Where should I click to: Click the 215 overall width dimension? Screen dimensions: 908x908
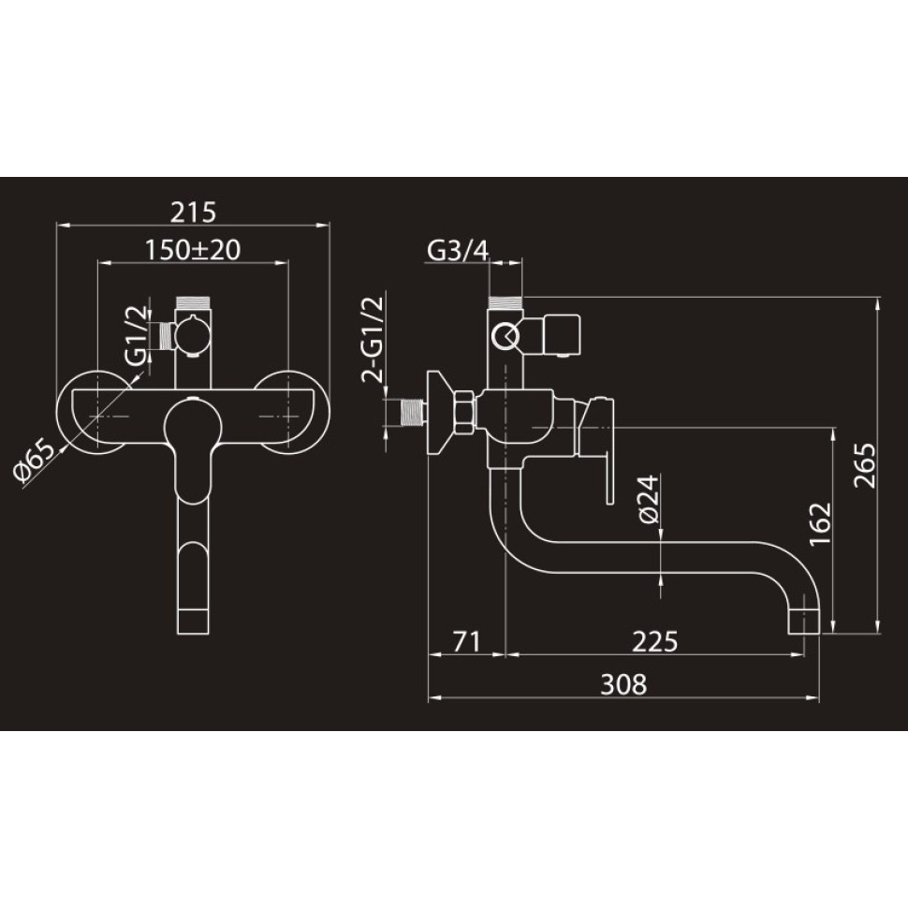pos(193,212)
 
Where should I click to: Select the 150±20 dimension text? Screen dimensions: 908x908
pos(192,250)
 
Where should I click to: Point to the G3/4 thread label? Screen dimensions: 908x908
pos(458,251)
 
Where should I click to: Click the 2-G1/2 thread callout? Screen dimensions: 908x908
pos(373,340)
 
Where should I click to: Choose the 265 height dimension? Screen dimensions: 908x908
pos(865,465)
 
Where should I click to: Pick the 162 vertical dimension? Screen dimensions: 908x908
pos(820,523)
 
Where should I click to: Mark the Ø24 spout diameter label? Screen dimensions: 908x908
pos(649,499)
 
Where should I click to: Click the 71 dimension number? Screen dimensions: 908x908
pos(466,641)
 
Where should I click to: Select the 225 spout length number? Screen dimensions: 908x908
pos(654,641)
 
